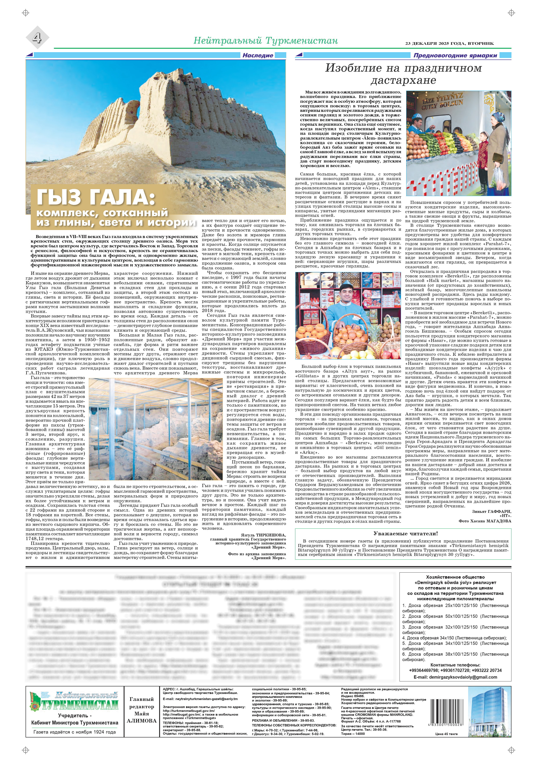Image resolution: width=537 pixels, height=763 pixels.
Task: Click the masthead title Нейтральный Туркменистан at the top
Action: [265, 41]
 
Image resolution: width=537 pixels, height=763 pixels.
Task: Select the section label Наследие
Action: [258, 55]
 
